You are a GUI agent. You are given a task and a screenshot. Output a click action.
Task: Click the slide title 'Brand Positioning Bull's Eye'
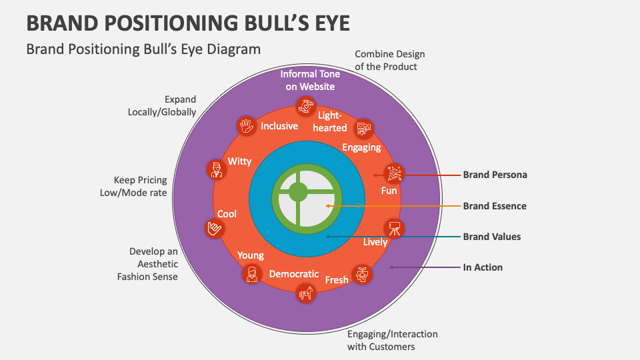pos(188,22)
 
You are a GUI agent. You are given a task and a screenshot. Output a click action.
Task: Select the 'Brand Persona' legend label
pos(495,175)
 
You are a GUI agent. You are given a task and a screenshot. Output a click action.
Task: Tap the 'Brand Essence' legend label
pos(495,206)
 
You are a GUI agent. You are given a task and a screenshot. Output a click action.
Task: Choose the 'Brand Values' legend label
pos(492,237)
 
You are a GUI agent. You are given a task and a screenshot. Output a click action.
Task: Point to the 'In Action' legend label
pos(483,267)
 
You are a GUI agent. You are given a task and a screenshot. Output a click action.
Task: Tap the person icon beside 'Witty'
pos(215,169)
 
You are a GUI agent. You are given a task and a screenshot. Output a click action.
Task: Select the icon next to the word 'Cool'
pos(213,229)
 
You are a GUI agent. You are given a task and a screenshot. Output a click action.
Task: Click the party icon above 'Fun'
pos(394,173)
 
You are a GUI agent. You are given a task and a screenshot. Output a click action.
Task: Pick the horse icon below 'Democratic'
pos(306,293)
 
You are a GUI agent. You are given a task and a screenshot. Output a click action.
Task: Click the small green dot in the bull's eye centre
pos(297,192)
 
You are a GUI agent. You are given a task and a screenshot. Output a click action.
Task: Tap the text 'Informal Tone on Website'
pos(310,80)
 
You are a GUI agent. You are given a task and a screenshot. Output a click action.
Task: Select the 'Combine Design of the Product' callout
pos(389,60)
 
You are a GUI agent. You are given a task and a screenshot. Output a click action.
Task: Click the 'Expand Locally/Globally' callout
pos(163,106)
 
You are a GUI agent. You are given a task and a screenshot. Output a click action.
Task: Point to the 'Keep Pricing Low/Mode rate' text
pos(141,186)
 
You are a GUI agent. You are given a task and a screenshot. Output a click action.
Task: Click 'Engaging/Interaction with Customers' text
pos(392,340)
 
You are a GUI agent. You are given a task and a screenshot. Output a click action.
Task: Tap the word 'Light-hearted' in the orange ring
pos(331,121)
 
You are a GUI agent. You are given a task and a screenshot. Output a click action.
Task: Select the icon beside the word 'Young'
pos(252,274)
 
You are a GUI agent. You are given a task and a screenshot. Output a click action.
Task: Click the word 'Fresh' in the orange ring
pos(336,280)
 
